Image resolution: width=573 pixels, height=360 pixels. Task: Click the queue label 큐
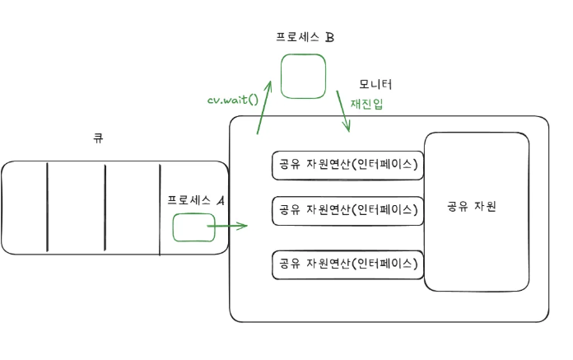pos(98,138)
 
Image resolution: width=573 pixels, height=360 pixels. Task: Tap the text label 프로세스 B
pos(305,37)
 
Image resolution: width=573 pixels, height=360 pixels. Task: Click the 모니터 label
pos(375,84)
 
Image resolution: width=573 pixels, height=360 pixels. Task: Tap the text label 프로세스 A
pos(196,199)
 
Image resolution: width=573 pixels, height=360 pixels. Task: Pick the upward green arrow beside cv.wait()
pos(264,107)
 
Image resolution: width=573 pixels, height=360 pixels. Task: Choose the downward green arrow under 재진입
pos(343,107)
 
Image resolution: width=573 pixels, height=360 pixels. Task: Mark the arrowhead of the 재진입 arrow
pos(348,128)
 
